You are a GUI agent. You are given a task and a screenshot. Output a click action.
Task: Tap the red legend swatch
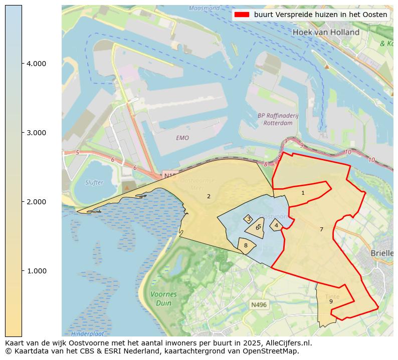(x=243, y=15)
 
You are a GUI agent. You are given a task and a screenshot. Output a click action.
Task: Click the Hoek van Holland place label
(x=326, y=32)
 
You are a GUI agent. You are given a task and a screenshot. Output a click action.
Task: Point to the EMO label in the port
(x=182, y=138)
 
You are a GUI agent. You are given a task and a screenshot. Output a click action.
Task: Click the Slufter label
(x=94, y=182)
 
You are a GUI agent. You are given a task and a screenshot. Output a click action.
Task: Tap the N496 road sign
(x=259, y=304)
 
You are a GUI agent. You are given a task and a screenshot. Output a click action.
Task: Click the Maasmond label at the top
(x=204, y=9)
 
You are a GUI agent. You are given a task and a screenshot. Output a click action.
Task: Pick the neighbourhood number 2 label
(x=209, y=196)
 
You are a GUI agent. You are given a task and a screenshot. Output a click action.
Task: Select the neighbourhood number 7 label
(x=321, y=229)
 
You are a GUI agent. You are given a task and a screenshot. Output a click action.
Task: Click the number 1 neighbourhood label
(x=303, y=193)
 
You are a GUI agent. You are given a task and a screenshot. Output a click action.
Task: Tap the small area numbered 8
(x=246, y=245)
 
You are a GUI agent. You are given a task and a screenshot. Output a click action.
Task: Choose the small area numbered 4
(x=276, y=225)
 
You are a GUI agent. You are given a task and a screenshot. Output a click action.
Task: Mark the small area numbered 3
(x=248, y=219)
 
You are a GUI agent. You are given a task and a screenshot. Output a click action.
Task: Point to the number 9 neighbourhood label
(x=330, y=301)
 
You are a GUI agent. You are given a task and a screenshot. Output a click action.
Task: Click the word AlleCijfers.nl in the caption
(x=288, y=343)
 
